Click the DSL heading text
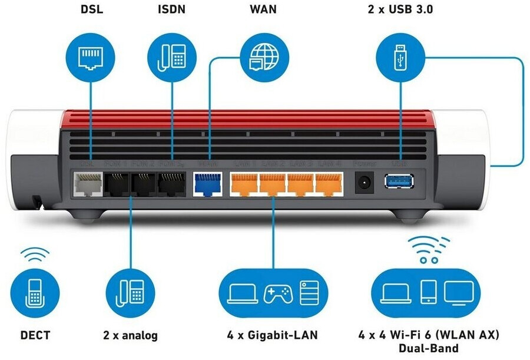(91, 9)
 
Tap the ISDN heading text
(171, 9)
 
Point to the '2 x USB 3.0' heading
(400, 9)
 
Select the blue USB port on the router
(399, 181)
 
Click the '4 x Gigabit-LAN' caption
(272, 335)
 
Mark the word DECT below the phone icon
(35, 335)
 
